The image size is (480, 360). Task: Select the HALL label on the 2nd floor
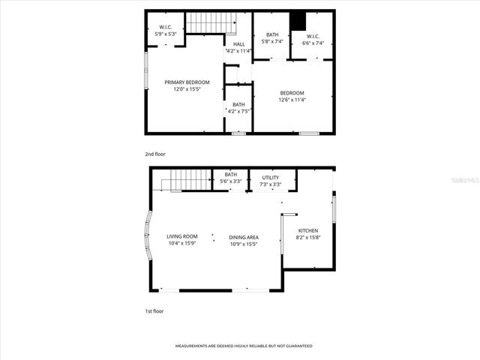click(238, 44)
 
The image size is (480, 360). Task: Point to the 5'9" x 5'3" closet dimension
click(165, 34)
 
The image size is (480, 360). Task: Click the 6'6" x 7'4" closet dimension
click(313, 43)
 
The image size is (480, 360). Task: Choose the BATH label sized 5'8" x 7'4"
click(271, 34)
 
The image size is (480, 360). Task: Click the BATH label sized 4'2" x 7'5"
click(238, 104)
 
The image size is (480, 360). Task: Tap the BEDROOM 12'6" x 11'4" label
click(292, 93)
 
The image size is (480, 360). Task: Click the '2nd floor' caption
click(154, 154)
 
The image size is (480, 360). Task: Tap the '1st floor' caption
click(154, 310)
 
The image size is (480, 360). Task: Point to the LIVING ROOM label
click(181, 236)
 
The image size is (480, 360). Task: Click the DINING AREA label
click(244, 237)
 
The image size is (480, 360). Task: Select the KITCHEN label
click(307, 230)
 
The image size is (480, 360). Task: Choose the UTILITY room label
click(271, 177)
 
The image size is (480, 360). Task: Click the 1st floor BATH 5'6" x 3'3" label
click(230, 178)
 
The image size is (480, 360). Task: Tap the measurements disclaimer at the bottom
click(244, 346)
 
